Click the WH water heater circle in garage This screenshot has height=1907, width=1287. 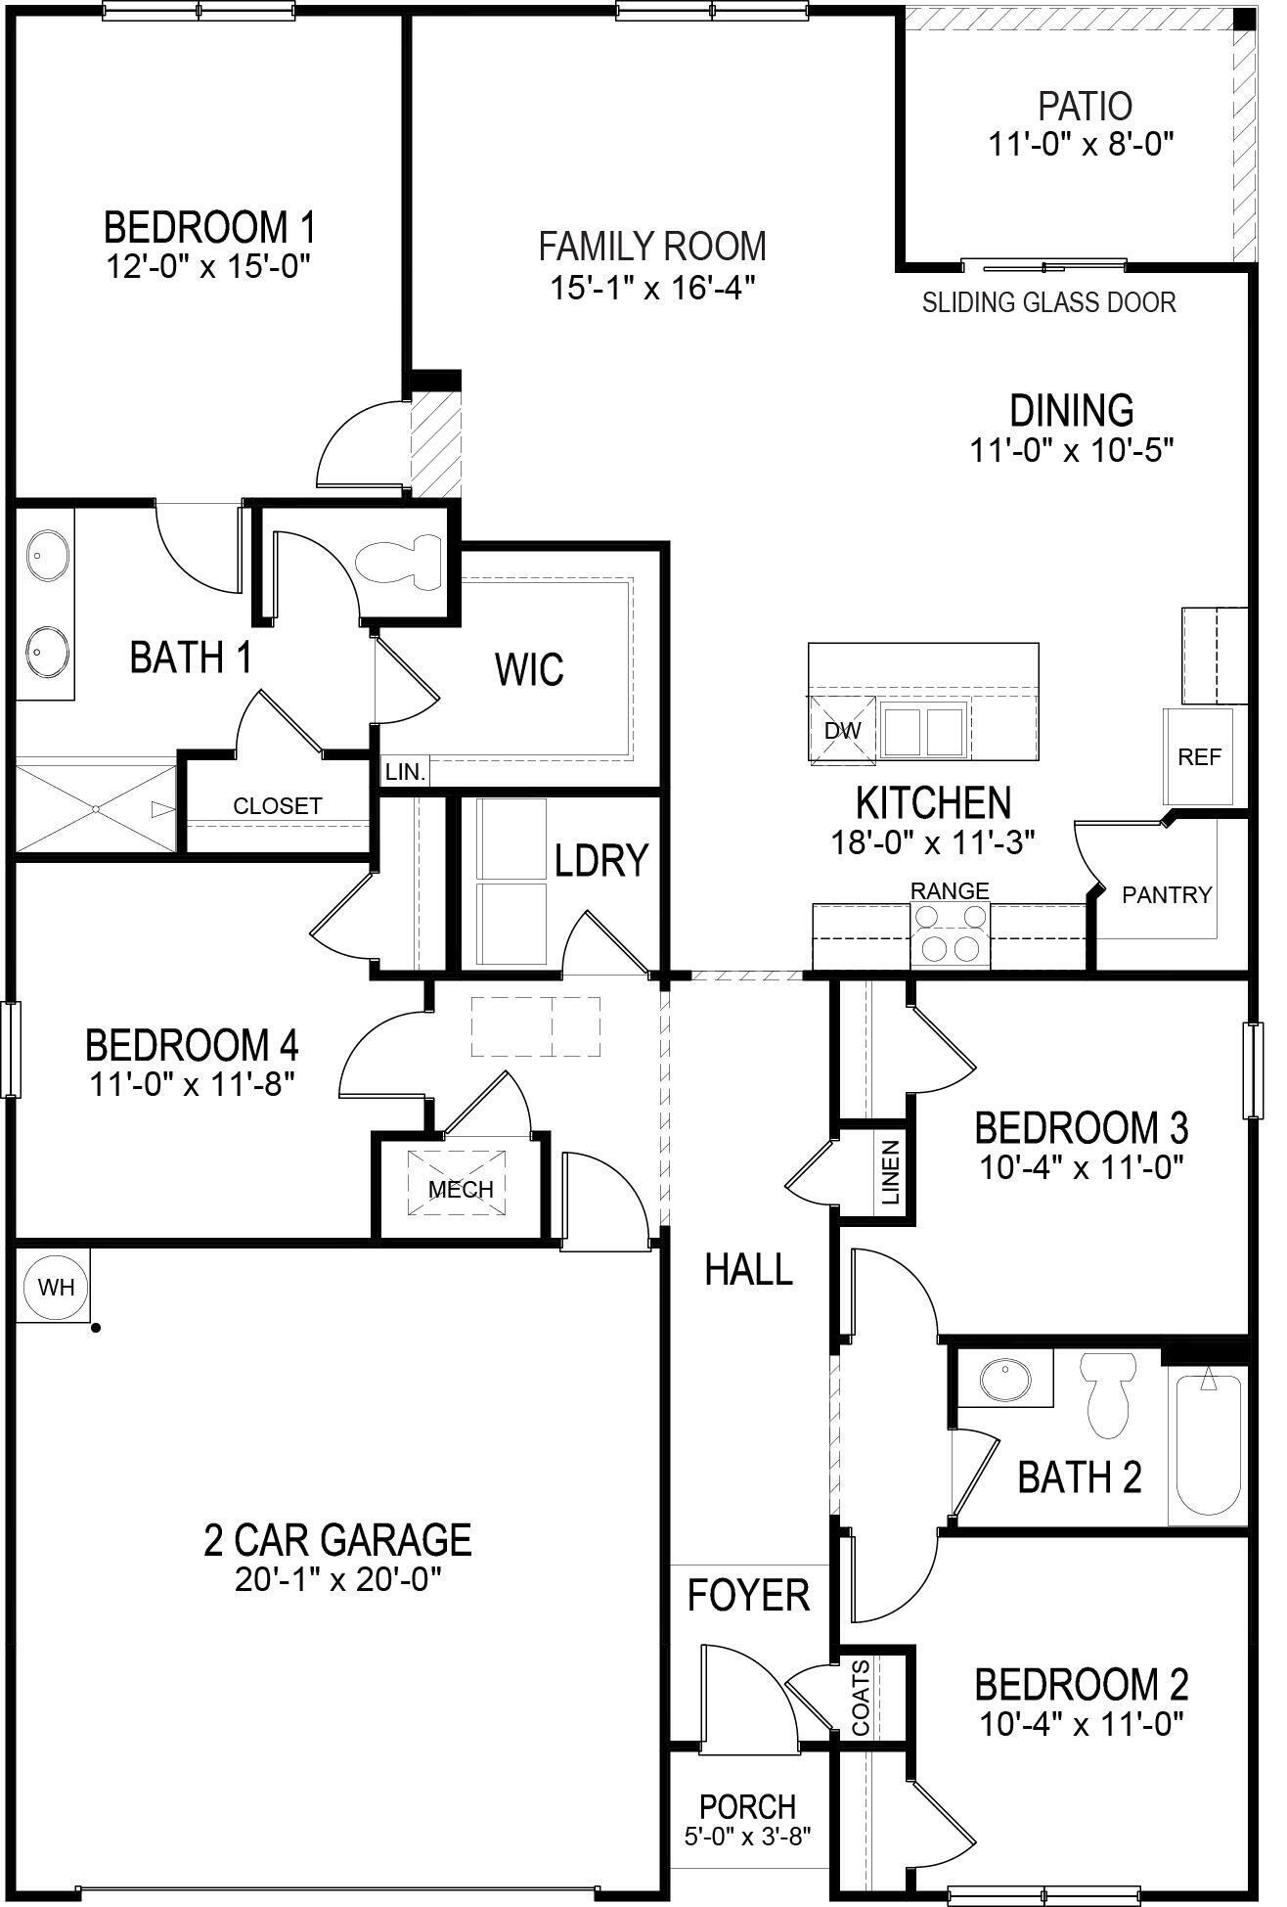pos(56,1287)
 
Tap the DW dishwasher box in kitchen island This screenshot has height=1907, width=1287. pos(842,730)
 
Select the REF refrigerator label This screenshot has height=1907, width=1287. pos(1199,757)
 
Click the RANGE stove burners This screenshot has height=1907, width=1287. pos(950,932)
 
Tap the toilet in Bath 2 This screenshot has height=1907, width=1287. pos(1106,1395)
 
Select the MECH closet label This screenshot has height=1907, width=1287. pos(462,1190)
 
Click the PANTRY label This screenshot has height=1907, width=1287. pos(1167,894)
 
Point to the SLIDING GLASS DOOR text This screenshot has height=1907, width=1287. pos(1049,302)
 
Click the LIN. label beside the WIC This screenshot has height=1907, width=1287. pos(405,772)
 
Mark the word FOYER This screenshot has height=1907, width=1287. pos(748,1596)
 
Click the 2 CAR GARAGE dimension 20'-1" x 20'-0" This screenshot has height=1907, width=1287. pos(338,1580)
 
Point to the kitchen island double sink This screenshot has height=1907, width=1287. pos(922,729)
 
